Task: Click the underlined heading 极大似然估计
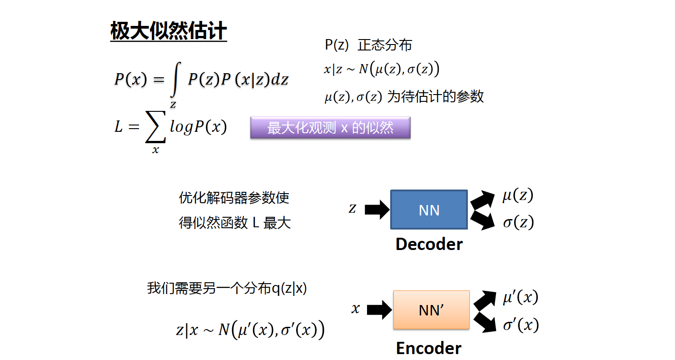(169, 32)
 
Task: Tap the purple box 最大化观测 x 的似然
(330, 128)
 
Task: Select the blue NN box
(429, 210)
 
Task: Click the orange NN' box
(431, 310)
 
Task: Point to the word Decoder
(429, 244)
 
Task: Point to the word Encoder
(428, 348)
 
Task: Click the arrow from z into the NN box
(377, 210)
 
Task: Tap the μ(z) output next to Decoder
(517, 196)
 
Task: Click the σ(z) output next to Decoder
(518, 223)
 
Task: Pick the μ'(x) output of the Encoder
(520, 298)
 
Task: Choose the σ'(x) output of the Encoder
(521, 325)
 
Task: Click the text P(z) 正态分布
(368, 45)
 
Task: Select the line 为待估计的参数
(435, 97)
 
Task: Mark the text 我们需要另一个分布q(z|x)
(227, 289)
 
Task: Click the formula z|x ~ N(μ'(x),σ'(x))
(250, 330)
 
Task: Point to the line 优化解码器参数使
(234, 198)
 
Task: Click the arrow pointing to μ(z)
(483, 199)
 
